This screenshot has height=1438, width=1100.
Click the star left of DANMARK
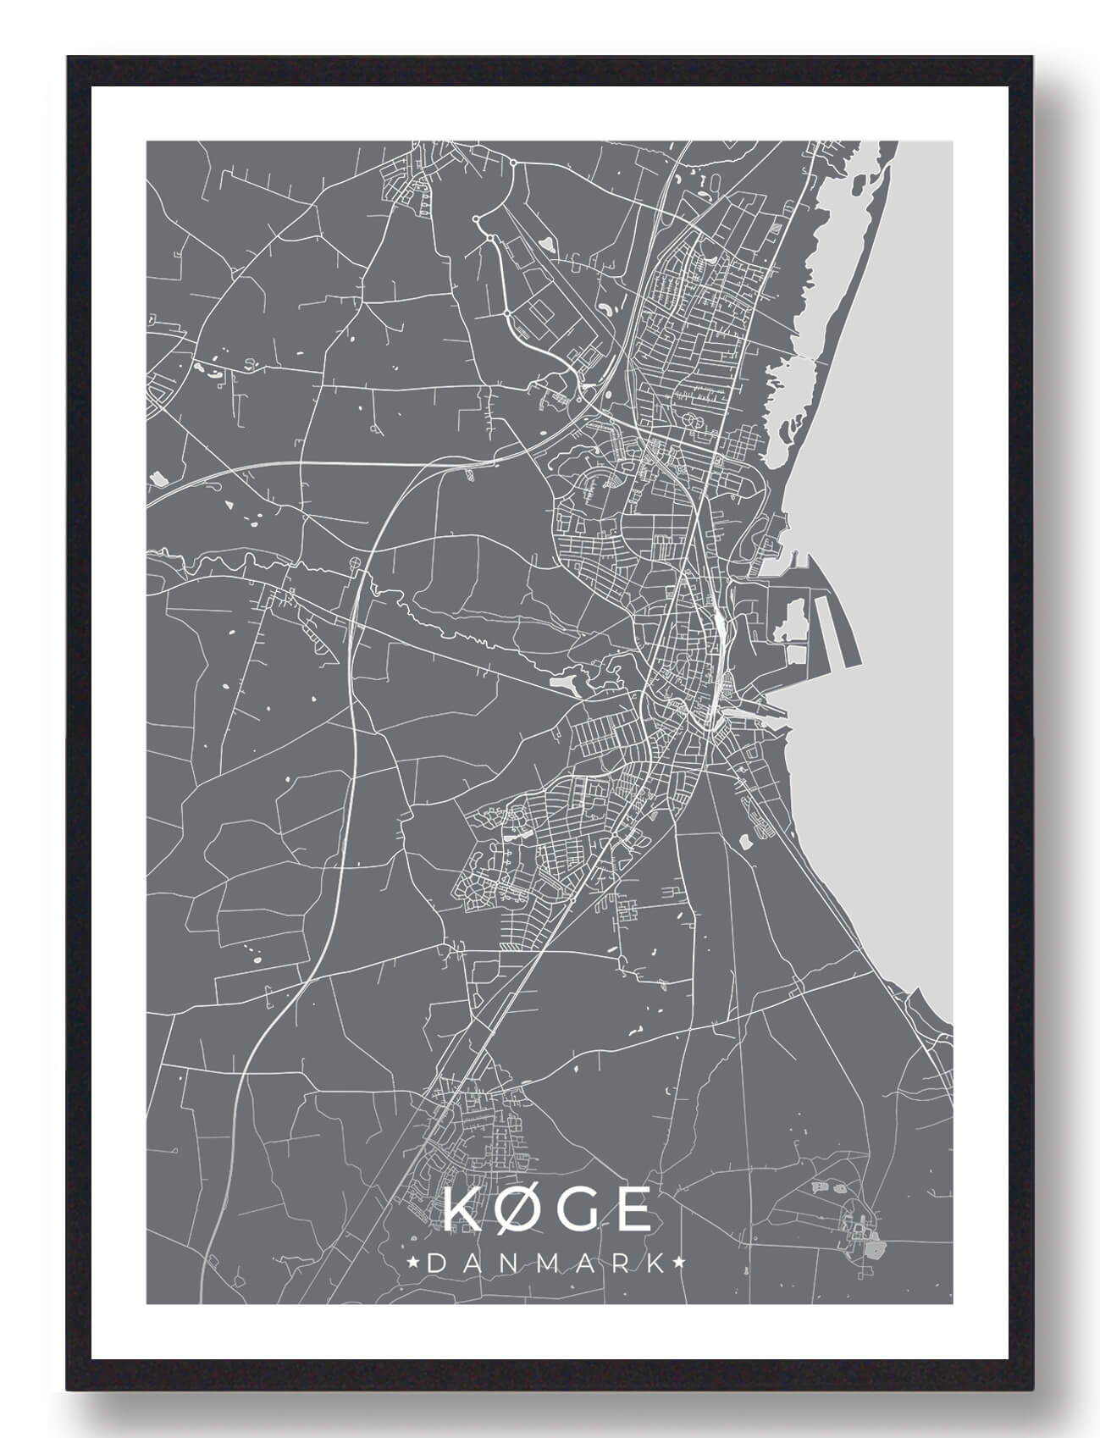(412, 1264)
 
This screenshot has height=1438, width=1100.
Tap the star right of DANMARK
(679, 1264)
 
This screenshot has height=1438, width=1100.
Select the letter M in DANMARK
(546, 1264)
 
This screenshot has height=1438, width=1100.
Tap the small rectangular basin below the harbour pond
(797, 653)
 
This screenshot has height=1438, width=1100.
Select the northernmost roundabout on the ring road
(513, 160)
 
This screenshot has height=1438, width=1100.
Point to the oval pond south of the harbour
(746, 842)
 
